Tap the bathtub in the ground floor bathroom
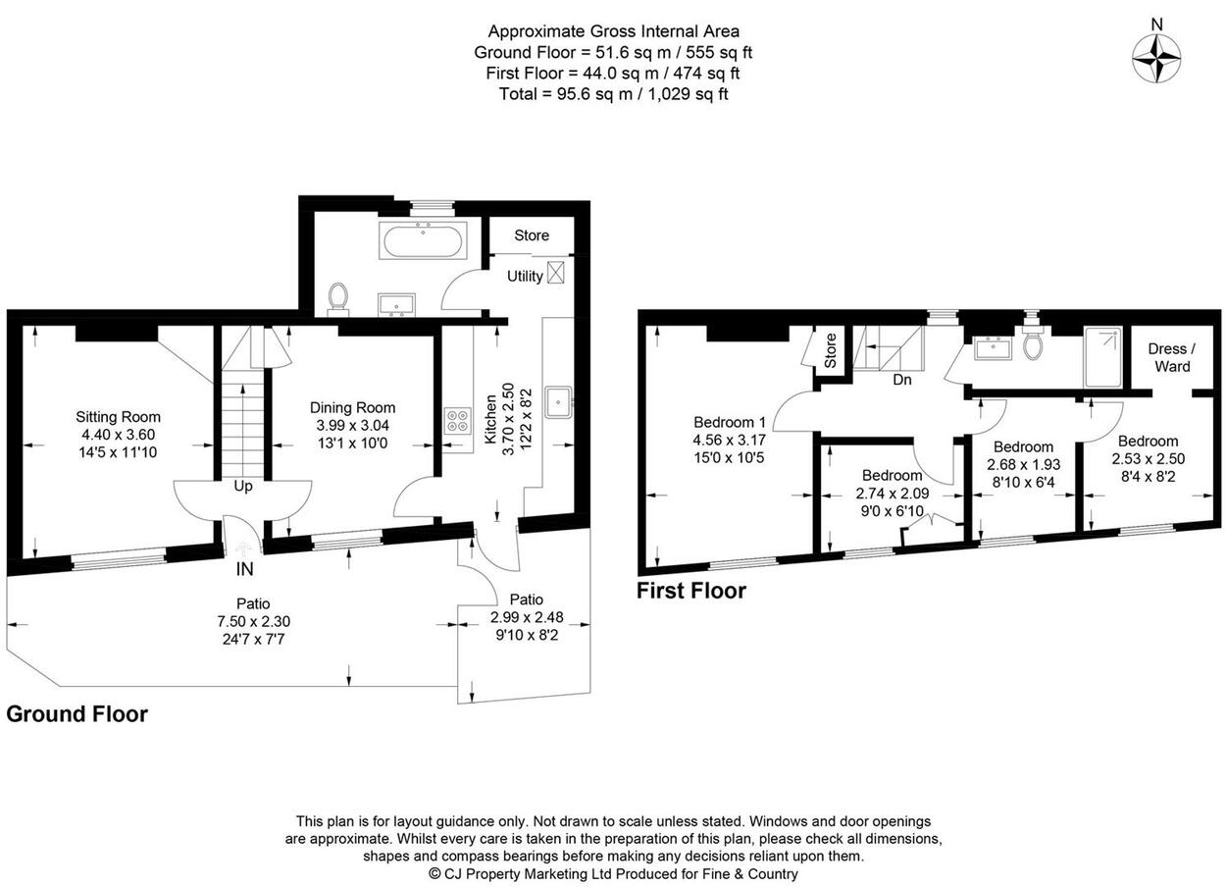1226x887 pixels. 423,241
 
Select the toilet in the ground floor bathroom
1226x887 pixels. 337,299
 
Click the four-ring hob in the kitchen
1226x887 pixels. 459,421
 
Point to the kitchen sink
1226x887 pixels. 559,402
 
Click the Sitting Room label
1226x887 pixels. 119,417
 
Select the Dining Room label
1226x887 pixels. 352,407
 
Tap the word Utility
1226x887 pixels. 525,276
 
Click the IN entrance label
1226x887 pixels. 244,569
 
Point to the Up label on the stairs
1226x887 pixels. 243,487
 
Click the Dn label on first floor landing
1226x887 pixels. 902,380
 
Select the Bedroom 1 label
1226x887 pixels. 730,422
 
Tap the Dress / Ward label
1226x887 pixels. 1172,357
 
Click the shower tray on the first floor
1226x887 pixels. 1102,356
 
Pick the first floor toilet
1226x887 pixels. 1032,342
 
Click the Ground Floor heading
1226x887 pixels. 77,714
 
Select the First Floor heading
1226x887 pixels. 691,592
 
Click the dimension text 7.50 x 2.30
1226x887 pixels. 253,621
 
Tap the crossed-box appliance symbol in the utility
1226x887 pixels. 555,272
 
